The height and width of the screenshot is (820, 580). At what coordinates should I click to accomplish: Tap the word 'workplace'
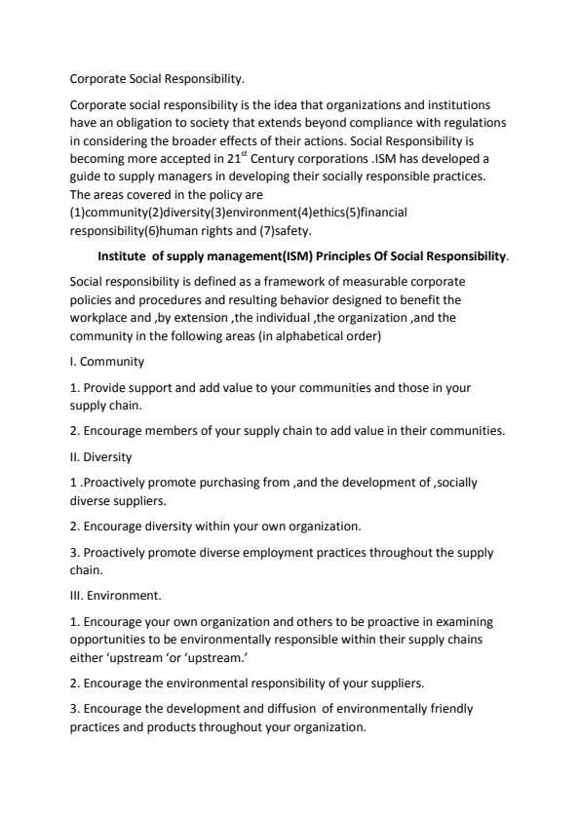(100, 317)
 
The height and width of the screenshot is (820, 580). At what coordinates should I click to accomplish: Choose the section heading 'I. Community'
(107, 361)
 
